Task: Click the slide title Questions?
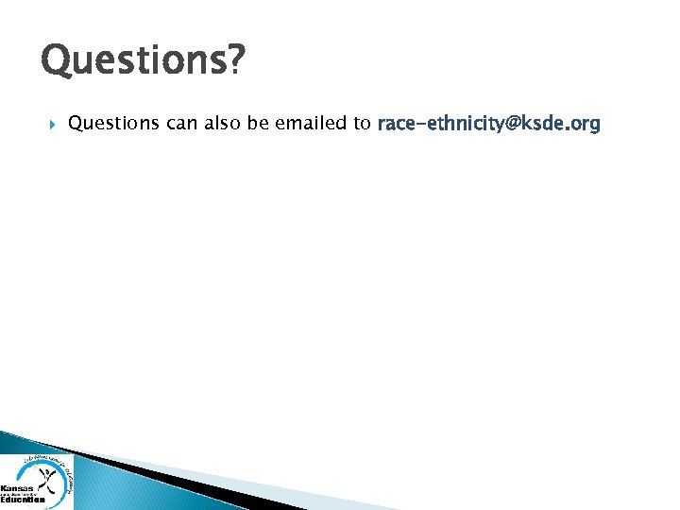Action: pyautogui.click(x=143, y=62)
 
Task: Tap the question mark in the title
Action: pyautogui.click(x=236, y=60)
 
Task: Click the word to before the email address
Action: pyautogui.click(x=363, y=124)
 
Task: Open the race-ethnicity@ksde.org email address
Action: pyautogui.click(x=488, y=124)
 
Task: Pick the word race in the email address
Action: pyautogui.click(x=396, y=124)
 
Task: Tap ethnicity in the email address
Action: pyautogui.click(x=467, y=124)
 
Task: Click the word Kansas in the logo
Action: pyautogui.click(x=16, y=488)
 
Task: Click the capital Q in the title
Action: pyautogui.click(x=56, y=61)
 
